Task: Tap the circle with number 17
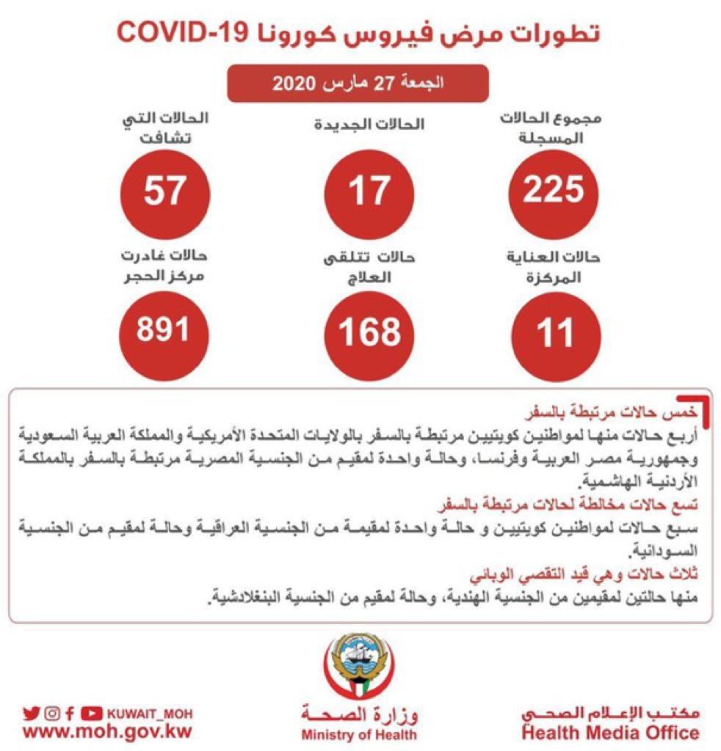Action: click(x=369, y=189)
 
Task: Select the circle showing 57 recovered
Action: click(x=164, y=189)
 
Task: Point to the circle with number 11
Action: click(x=554, y=331)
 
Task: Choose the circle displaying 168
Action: click(x=369, y=331)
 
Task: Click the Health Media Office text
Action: click(x=610, y=733)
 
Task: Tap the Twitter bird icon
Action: click(x=31, y=712)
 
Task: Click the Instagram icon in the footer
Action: click(x=51, y=712)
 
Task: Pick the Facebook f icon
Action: click(x=70, y=712)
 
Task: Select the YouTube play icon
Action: click(x=91, y=712)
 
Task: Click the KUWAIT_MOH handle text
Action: click(x=149, y=712)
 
